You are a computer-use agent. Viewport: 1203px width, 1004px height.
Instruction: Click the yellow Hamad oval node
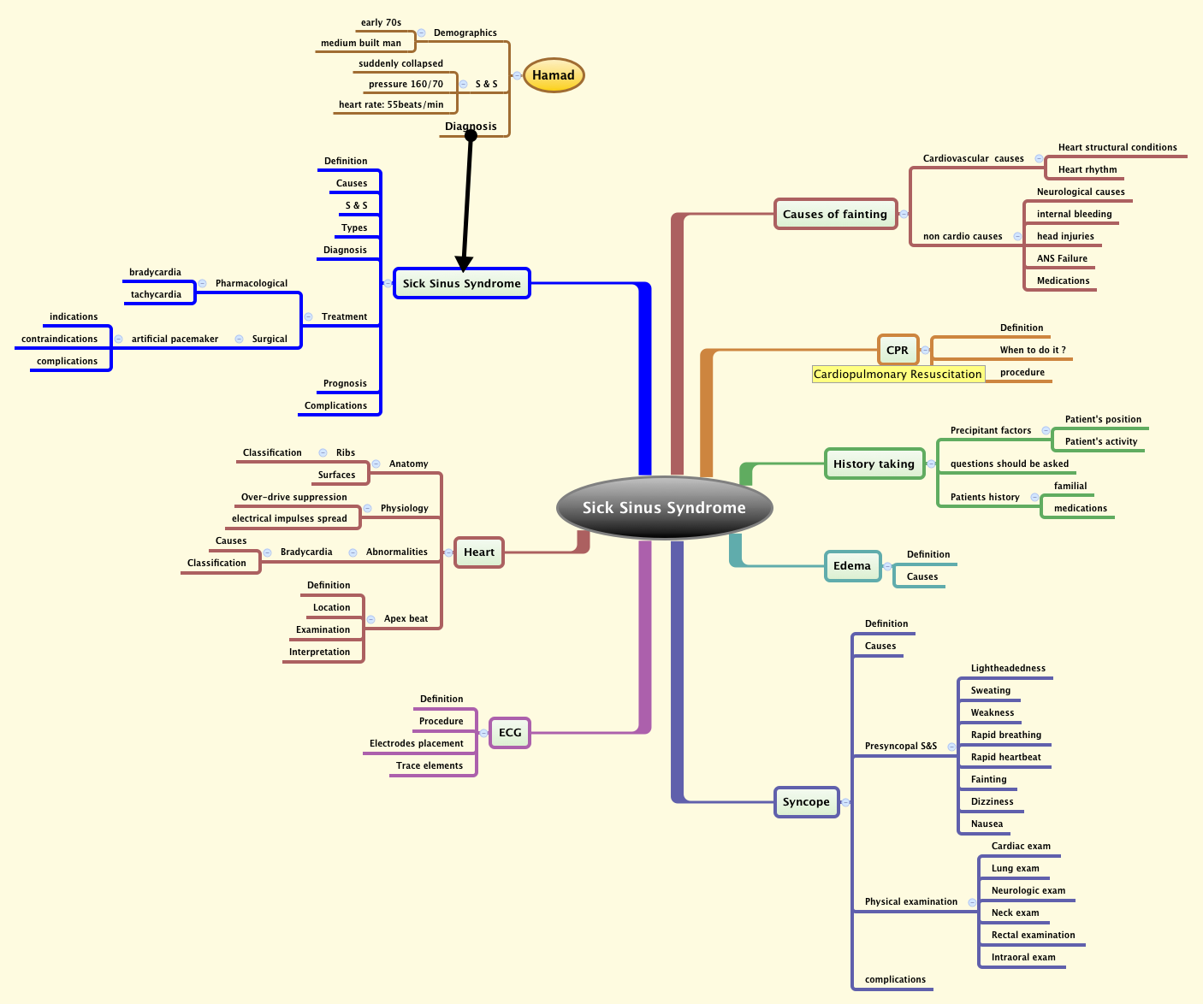[554, 75]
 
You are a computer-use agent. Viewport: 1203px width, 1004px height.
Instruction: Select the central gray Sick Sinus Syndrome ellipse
[664, 507]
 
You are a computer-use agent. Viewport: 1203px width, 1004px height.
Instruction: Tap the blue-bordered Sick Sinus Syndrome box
[462, 283]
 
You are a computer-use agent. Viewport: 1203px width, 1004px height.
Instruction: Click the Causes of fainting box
[835, 214]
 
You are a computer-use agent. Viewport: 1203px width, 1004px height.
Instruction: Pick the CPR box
[898, 350]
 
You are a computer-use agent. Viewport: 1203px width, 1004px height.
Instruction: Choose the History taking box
[874, 464]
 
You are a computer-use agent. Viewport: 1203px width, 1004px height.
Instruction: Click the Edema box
[852, 565]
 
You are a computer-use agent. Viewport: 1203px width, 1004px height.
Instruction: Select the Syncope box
[806, 801]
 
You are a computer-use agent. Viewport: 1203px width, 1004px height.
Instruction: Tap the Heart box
[479, 552]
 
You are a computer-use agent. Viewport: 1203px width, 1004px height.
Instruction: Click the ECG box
[510, 732]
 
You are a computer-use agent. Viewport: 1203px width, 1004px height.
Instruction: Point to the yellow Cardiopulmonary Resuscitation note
[898, 374]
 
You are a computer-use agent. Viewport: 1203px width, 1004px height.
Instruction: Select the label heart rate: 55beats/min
[391, 104]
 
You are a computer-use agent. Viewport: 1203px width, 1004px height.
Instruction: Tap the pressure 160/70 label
[406, 84]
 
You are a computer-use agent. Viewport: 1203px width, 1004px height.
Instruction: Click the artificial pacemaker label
[175, 339]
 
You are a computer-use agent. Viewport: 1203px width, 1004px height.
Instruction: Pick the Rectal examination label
[1033, 935]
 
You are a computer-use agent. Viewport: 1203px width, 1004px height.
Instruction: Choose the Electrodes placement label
[417, 743]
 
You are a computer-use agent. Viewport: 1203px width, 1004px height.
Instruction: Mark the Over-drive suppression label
[294, 497]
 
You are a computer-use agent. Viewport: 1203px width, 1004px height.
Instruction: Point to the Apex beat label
[406, 618]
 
